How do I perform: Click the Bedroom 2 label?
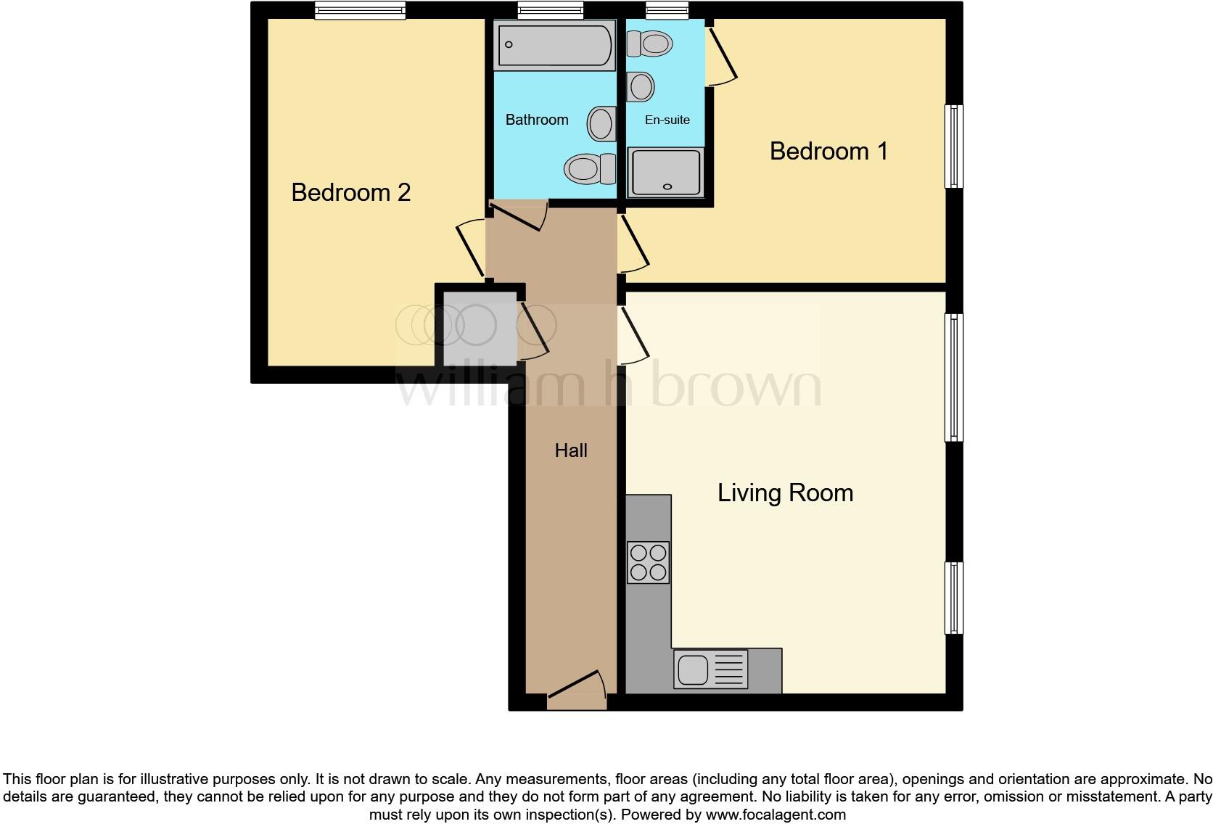350,192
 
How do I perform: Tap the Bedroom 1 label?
828,151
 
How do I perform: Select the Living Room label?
785,493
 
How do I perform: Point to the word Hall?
571,450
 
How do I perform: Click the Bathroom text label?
537,120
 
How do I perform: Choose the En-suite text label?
667,120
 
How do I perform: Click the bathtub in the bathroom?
554,45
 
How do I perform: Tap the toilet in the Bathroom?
589,169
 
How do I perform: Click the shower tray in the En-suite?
665,172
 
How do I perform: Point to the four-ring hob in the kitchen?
648,562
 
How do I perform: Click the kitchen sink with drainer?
710,668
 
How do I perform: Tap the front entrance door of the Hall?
577,693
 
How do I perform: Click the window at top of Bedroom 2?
360,10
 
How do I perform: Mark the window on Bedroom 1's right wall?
954,147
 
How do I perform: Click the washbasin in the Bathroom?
601,123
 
